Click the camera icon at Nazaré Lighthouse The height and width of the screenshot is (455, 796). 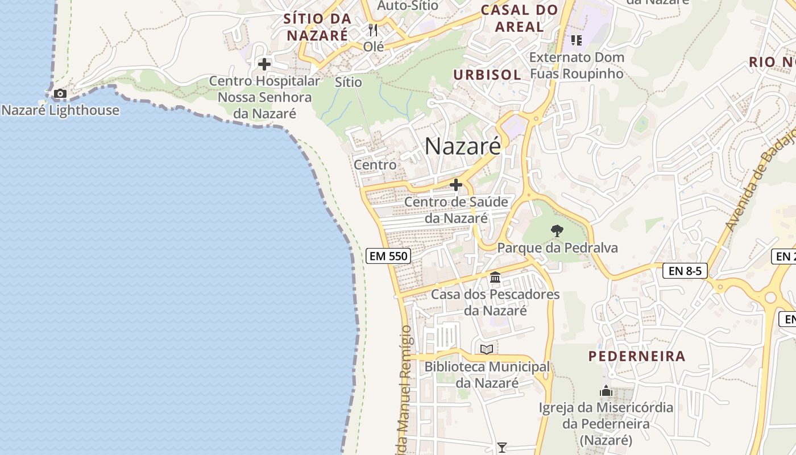click(60, 93)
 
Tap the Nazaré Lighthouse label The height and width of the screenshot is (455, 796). click(60, 110)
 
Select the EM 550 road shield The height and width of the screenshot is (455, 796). click(388, 256)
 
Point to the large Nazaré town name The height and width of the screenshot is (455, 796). click(463, 146)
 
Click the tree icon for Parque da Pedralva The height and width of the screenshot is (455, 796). click(557, 231)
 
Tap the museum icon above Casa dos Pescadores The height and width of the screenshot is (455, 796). click(495, 278)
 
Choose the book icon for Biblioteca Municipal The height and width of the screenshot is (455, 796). click(487, 349)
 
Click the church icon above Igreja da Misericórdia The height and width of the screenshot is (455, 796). click(606, 391)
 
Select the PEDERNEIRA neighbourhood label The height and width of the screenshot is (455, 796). click(636, 357)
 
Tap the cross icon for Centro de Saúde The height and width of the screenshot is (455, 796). click(456, 185)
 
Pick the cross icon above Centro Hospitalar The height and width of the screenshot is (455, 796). click(264, 64)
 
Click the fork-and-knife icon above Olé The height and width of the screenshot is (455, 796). click(373, 30)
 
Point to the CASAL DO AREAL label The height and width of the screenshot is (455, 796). click(519, 18)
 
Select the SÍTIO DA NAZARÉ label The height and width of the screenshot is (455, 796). click(317, 27)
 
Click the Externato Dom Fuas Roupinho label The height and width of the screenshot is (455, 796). click(577, 65)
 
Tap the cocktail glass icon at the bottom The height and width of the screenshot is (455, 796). click(501, 448)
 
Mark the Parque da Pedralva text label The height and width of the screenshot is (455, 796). click(557, 248)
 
